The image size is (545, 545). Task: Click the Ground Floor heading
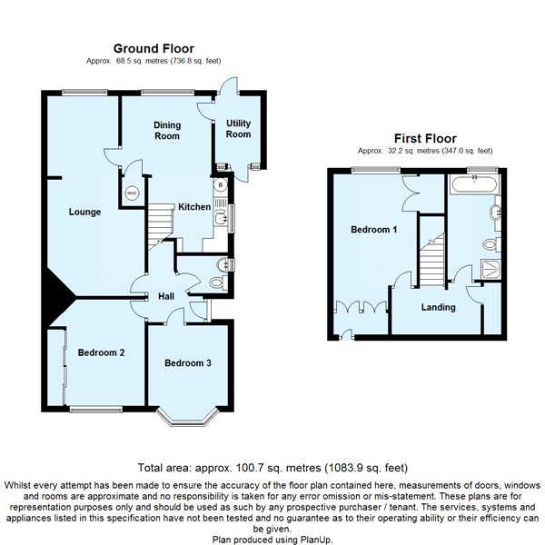(154, 48)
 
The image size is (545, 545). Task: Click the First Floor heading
(424, 140)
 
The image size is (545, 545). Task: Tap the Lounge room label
(84, 213)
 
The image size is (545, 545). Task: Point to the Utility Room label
(238, 129)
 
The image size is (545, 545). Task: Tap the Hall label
(166, 296)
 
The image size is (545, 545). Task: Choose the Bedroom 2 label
(101, 352)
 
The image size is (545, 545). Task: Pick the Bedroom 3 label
(188, 363)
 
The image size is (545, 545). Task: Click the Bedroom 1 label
(374, 230)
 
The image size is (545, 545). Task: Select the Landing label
(438, 307)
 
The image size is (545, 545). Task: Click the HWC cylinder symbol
(132, 193)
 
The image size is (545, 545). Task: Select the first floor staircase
(432, 258)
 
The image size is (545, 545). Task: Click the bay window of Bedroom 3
(189, 419)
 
